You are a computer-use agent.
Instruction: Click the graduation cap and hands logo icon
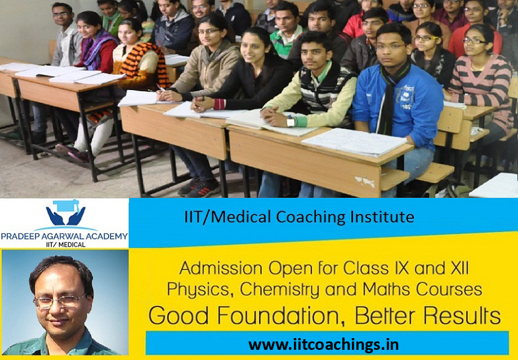(65, 213)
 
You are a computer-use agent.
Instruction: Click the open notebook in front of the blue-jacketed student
(354, 142)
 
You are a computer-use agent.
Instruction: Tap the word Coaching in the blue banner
(314, 216)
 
